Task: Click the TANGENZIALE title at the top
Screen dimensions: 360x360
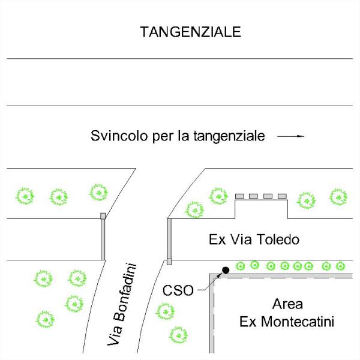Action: [x=190, y=32]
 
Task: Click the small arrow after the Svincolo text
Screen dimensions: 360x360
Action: [x=292, y=137]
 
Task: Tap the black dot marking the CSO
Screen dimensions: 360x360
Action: [x=226, y=270]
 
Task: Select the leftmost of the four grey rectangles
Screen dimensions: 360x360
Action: [x=239, y=196]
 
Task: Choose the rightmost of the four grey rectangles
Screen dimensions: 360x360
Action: [x=282, y=196]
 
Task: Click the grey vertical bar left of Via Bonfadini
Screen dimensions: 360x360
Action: [x=103, y=236]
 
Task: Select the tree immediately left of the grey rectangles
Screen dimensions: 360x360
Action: [x=217, y=196]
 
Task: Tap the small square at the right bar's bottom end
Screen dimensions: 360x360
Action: [x=169, y=262]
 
